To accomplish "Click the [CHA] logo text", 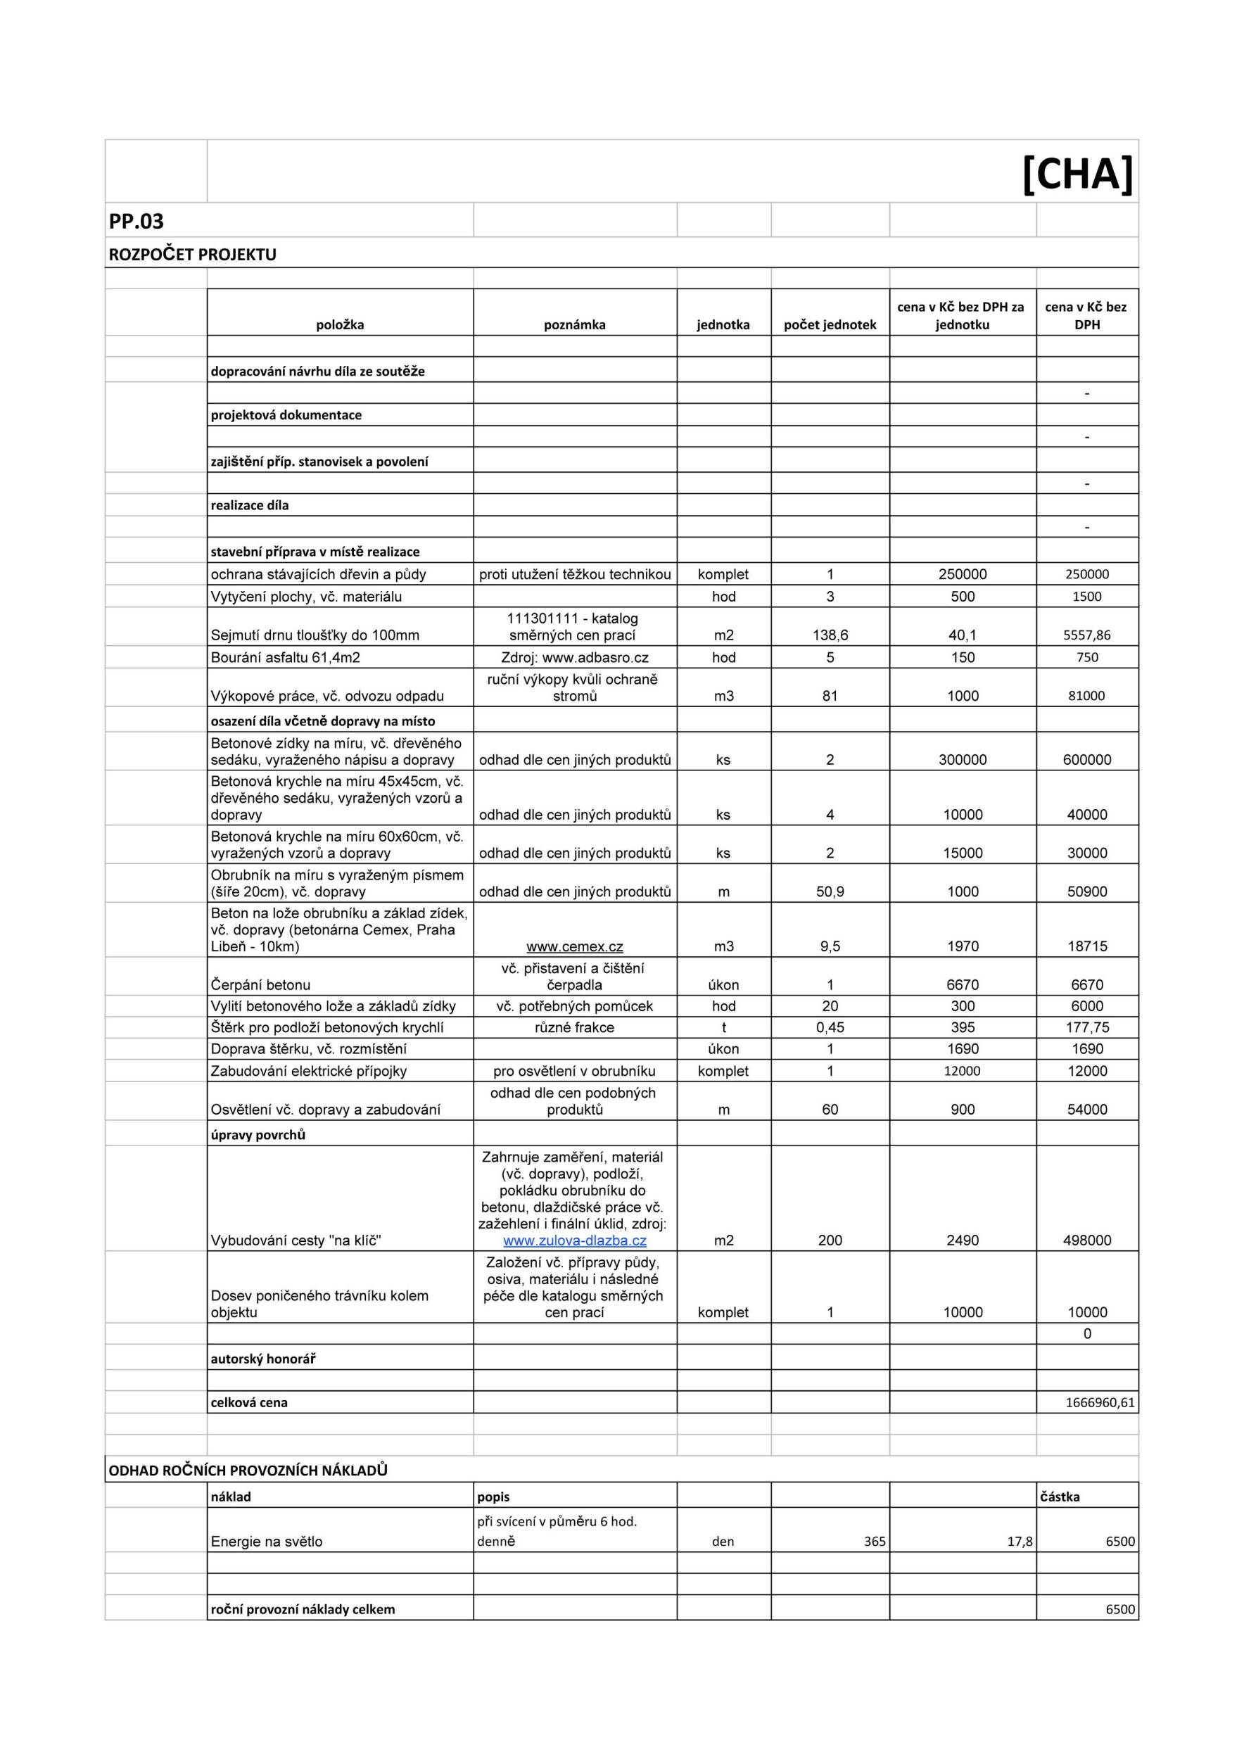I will [1077, 174].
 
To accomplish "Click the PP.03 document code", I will [137, 222].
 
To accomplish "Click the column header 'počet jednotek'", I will [830, 325].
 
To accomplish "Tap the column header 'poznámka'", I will [575, 325].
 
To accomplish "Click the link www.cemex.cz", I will [575, 946].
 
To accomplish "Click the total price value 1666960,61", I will [1099, 1403].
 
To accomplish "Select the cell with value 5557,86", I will [1087, 635].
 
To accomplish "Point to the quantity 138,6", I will [830, 635].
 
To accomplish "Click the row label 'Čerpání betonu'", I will [260, 984].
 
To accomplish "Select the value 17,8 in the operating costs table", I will [1020, 1542].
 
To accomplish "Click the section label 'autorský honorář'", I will [262, 1359].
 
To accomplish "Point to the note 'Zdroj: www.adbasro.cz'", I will [575, 657].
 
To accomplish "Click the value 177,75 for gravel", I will [1087, 1027].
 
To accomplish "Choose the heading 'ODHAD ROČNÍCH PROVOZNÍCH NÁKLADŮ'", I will [248, 1471].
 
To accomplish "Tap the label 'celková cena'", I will [249, 1403].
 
